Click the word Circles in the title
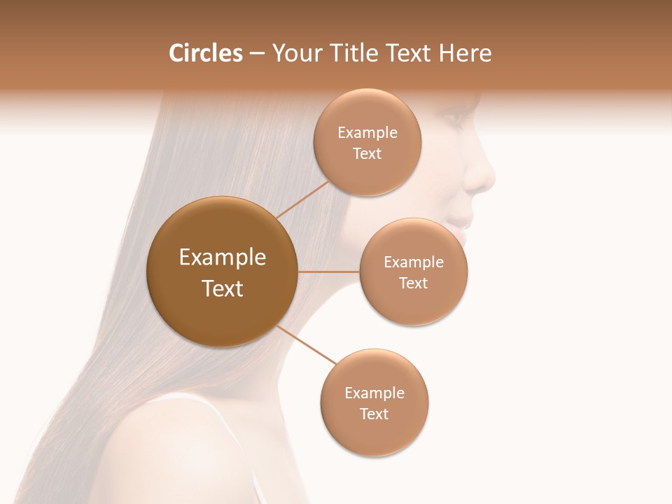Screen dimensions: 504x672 click(206, 53)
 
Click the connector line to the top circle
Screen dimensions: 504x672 click(303, 199)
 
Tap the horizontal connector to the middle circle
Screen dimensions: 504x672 click(328, 272)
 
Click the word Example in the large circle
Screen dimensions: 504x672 click(223, 258)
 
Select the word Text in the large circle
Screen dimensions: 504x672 click(223, 288)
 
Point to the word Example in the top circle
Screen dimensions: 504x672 click(367, 133)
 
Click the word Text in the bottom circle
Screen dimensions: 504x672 click(374, 414)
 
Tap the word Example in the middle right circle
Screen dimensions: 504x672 click(414, 262)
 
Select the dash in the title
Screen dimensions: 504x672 click(256, 54)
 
